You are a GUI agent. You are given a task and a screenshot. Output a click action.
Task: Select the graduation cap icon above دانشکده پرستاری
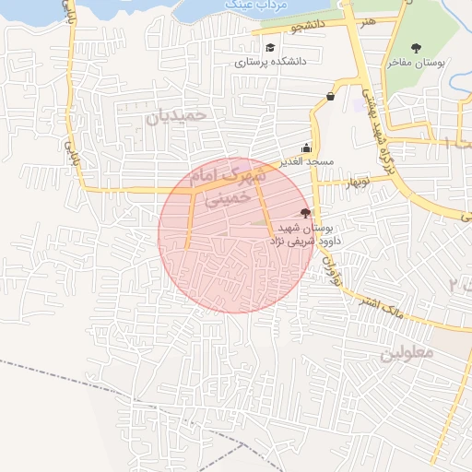pos(270,48)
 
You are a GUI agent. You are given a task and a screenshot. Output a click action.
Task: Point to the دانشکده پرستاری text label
pos(269,63)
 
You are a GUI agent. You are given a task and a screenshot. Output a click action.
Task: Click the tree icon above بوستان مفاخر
pos(416,47)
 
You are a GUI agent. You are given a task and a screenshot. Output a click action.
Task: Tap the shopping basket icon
pos(330,96)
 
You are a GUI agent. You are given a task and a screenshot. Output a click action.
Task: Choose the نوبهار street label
pos(355,183)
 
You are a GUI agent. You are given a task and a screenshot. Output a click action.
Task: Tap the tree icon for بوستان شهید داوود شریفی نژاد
pos(306,213)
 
